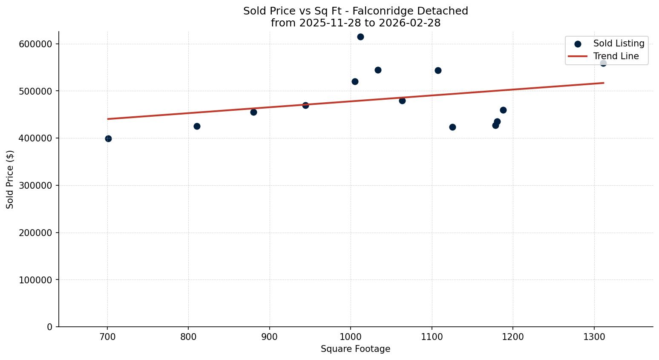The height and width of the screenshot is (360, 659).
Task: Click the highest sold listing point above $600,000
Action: pos(360,37)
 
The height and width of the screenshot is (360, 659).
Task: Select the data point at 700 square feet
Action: pos(108,138)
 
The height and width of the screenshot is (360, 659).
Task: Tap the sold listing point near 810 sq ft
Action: pos(197,126)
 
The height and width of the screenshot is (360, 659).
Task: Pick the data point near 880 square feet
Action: pos(253,112)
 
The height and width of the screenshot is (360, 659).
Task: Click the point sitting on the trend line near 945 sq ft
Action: pos(305,105)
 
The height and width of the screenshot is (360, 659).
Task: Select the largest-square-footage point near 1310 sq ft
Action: pos(603,63)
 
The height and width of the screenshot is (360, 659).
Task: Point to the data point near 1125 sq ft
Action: pos(452,127)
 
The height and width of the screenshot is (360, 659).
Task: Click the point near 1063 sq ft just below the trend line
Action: pos(402,101)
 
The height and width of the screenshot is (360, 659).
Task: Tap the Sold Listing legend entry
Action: pos(619,43)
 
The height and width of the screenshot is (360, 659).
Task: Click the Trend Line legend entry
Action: pos(616,56)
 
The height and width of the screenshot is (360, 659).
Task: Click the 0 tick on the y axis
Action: pos(50,327)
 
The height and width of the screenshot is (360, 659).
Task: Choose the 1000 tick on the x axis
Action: pos(351,336)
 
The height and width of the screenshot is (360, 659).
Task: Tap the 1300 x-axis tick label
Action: pos(594,336)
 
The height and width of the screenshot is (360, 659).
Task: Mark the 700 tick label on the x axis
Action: pos(107,336)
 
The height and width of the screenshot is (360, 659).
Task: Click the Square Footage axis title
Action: pos(355,349)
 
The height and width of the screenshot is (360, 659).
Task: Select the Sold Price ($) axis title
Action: pos(10,179)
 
